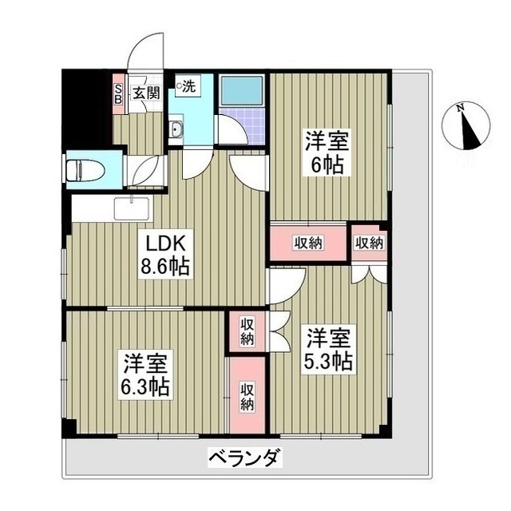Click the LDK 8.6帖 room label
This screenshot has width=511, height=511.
(166, 253)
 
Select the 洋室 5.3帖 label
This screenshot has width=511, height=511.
(327, 350)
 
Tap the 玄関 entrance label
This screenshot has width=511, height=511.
(145, 93)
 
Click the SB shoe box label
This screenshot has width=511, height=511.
(119, 93)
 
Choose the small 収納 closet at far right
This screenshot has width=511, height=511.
(369, 243)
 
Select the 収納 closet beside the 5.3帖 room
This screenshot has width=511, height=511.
(248, 331)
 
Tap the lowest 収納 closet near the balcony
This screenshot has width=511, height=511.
(248, 397)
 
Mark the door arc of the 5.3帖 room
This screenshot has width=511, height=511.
(287, 285)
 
